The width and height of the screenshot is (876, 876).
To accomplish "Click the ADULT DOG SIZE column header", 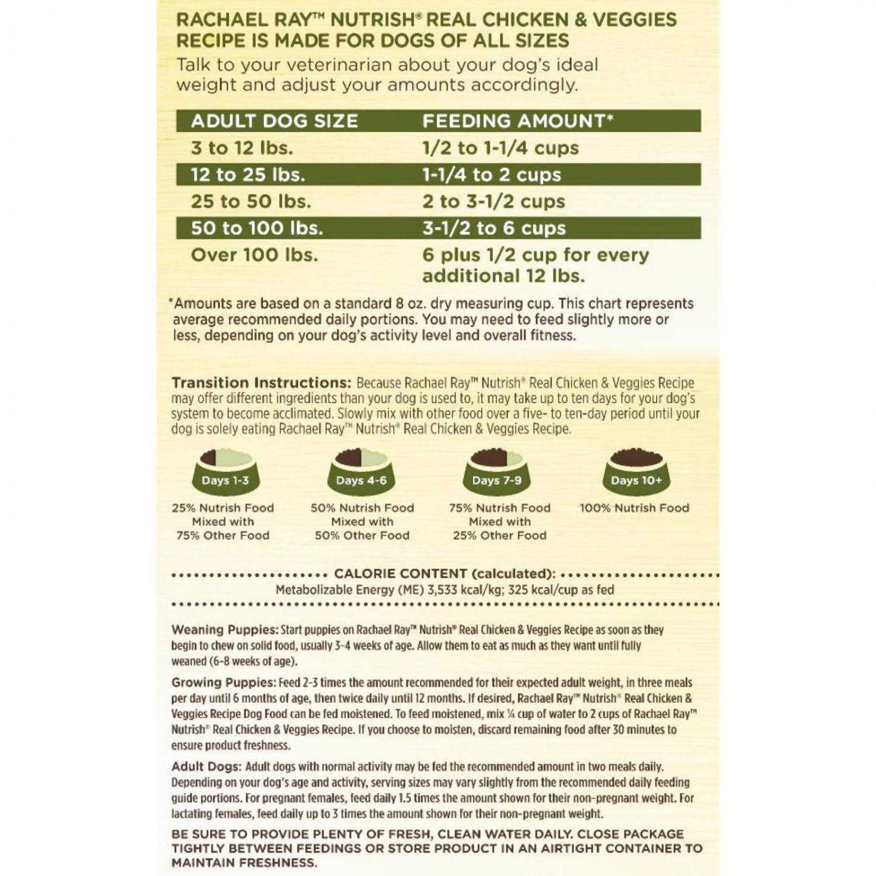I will click(274, 121).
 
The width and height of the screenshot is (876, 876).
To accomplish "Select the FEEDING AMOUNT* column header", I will click(517, 121).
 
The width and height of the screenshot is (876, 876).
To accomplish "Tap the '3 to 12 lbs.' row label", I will click(242, 148).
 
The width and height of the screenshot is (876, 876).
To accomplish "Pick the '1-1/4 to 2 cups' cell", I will click(491, 175).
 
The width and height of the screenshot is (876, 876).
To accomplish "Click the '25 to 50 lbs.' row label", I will click(251, 201).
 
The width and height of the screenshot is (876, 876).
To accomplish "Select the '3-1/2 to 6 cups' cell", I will click(494, 228).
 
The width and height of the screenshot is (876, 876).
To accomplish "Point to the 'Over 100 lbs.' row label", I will click(254, 255).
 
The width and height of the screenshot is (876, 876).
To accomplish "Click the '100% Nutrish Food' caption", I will click(634, 508).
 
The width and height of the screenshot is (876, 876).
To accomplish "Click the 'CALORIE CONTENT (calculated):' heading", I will click(444, 573).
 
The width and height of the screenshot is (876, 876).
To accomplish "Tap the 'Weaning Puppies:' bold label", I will click(225, 630).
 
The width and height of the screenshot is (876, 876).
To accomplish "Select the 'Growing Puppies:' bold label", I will click(223, 682).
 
